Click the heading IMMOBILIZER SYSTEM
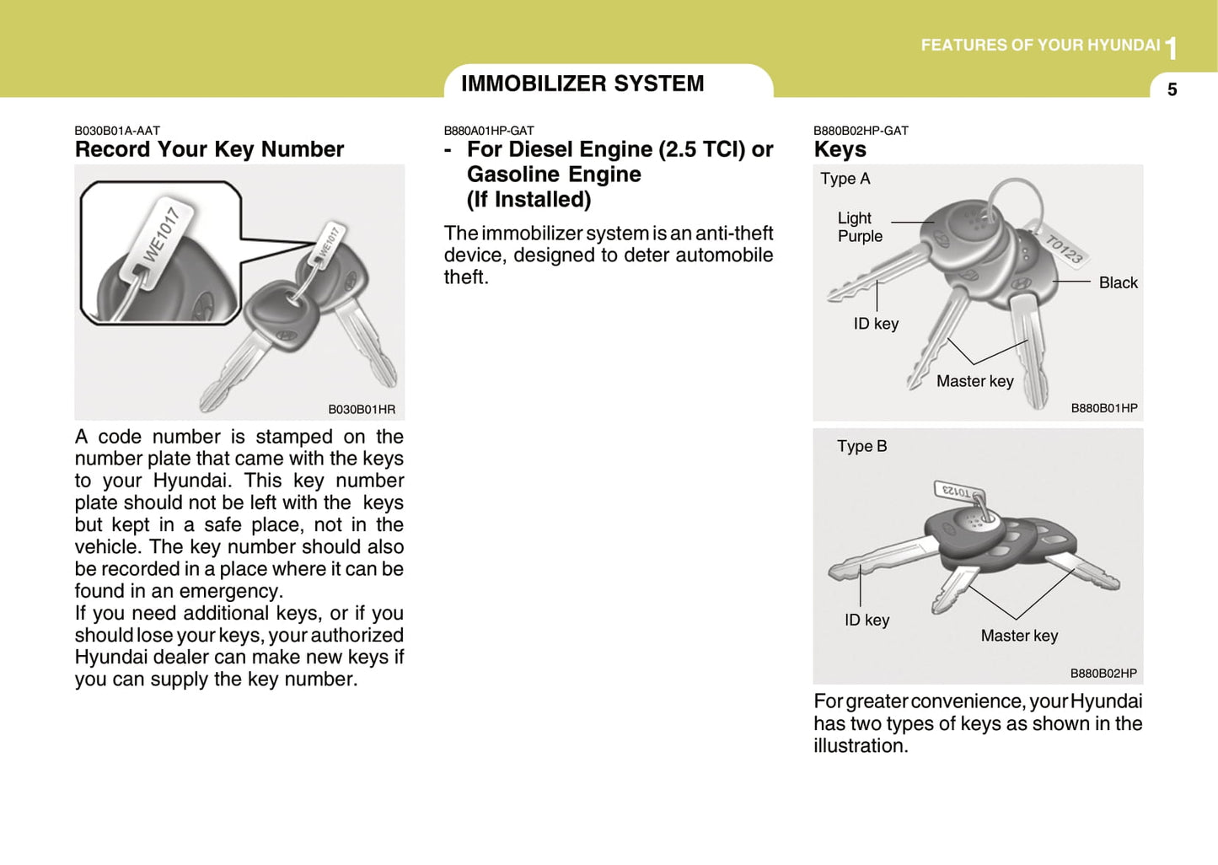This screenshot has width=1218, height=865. pyautogui.click(x=582, y=83)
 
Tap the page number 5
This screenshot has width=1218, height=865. pyautogui.click(x=1172, y=89)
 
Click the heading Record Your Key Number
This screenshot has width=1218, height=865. pyautogui.click(x=209, y=149)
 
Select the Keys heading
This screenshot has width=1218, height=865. pyautogui.click(x=840, y=149)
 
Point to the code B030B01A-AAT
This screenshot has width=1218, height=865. pyautogui.click(x=117, y=131)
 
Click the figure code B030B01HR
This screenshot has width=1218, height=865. pyautogui.click(x=361, y=410)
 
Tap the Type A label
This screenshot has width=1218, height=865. pyautogui.click(x=845, y=179)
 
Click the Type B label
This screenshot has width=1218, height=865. pyautogui.click(x=861, y=446)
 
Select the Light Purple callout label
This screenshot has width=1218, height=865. pyautogui.click(x=859, y=228)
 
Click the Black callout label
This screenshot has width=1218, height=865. pyautogui.click(x=1118, y=283)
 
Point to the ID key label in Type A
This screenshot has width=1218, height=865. pyautogui.click(x=876, y=324)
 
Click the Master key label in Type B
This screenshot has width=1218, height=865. pyautogui.click(x=1019, y=636)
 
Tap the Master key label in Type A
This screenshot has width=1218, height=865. pyautogui.click(x=974, y=381)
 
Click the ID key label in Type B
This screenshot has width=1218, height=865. pyautogui.click(x=867, y=620)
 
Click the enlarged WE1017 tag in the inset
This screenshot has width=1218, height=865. pyautogui.click(x=160, y=234)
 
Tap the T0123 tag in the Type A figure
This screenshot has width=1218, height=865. pyautogui.click(x=1064, y=250)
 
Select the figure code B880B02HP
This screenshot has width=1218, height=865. pyautogui.click(x=1103, y=674)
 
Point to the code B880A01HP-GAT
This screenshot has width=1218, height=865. pyautogui.click(x=489, y=131)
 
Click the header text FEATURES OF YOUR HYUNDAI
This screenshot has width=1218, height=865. pyautogui.click(x=1040, y=46)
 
